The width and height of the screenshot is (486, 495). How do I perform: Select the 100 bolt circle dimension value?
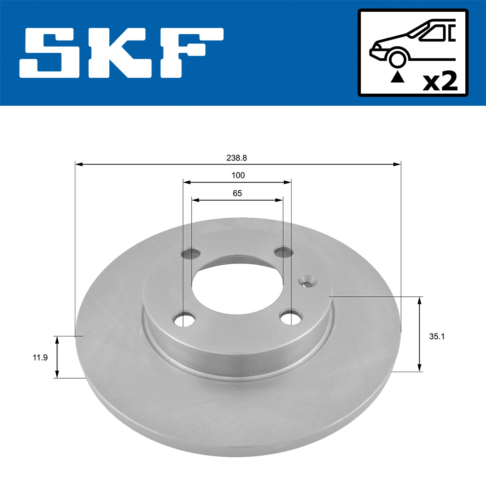pyautogui.click(x=238, y=175)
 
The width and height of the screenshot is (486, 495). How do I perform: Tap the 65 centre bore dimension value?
pyautogui.click(x=237, y=193)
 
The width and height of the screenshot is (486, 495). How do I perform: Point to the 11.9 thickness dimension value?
pyautogui.click(x=40, y=358)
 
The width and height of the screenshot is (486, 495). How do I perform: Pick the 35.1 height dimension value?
pyautogui.click(x=437, y=336)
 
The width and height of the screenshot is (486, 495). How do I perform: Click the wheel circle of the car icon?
pyautogui.click(x=397, y=58)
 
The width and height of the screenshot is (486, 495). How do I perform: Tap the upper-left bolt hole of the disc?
pyautogui.click(x=191, y=254)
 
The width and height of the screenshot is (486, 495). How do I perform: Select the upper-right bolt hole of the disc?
pyautogui.click(x=283, y=252)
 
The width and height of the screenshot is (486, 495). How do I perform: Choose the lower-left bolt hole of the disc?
pyautogui.click(x=184, y=319)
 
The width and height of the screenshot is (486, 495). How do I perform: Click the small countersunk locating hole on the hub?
pyautogui.click(x=308, y=281)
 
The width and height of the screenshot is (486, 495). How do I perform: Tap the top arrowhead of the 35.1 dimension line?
pyautogui.click(x=420, y=300)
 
